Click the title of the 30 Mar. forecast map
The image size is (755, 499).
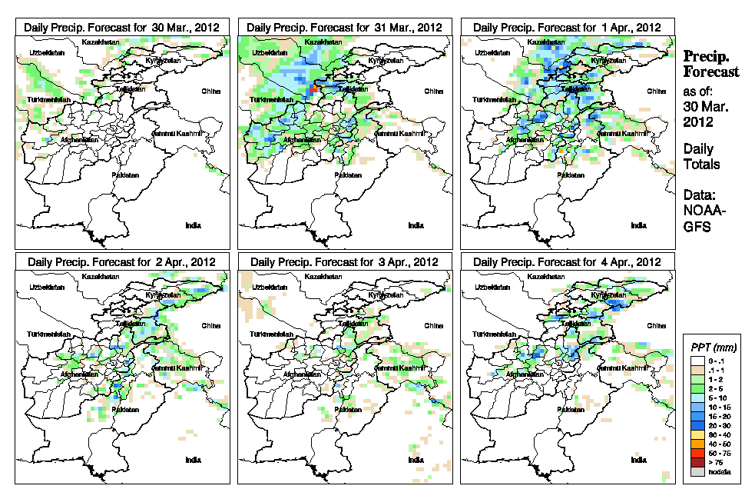point(122,27)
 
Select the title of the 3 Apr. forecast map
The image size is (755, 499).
point(345,261)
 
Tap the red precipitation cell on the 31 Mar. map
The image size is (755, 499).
point(313,89)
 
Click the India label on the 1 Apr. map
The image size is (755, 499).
point(638,226)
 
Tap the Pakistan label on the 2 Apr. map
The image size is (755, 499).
point(125,410)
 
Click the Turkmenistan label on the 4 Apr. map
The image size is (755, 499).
point(493,335)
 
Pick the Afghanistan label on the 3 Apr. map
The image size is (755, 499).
point(303,374)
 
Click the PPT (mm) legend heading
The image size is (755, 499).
point(710,348)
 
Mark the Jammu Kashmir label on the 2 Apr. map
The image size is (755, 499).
point(179,368)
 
